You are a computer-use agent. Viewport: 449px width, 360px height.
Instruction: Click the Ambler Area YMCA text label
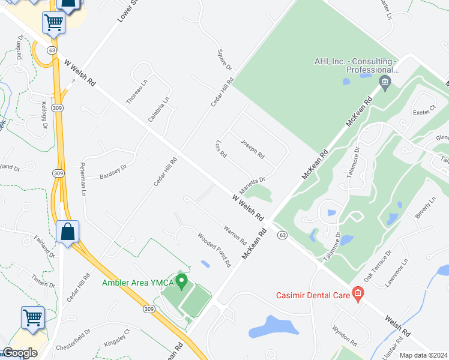coord(137,283)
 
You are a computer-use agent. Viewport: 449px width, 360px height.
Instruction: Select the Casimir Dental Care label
coord(313,295)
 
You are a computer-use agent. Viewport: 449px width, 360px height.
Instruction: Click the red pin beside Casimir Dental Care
coord(358,294)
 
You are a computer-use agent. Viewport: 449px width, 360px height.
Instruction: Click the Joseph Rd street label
coord(252,149)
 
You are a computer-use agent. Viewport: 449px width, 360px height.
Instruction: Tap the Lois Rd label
coord(220,149)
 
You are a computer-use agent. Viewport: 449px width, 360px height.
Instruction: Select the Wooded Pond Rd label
coord(214,249)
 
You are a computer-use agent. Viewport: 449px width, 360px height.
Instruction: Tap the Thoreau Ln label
coord(136,94)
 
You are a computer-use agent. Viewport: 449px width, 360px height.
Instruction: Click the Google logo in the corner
coord(19,352)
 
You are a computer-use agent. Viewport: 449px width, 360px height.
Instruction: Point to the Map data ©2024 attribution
coord(423,355)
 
